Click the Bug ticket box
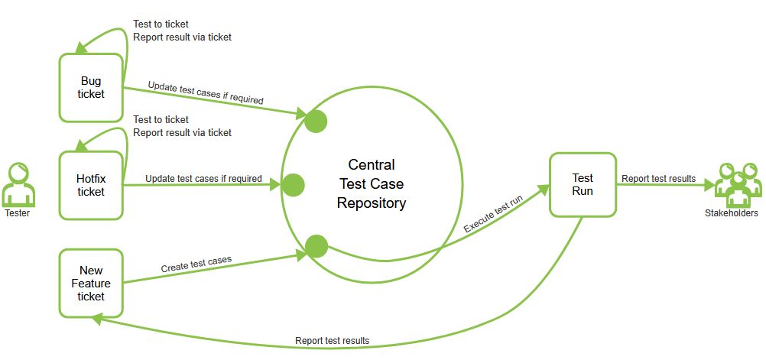91,87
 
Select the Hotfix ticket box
91,185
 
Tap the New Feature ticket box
91,283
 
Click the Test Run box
583,184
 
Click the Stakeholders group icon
737,184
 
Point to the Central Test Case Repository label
371,184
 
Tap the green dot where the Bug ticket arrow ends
316,121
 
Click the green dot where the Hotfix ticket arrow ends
293,184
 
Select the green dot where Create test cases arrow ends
316,246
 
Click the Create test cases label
196,264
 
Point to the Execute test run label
493,215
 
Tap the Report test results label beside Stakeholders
658,178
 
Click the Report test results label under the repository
332,340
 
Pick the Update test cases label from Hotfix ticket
203,178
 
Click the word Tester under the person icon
18,213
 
